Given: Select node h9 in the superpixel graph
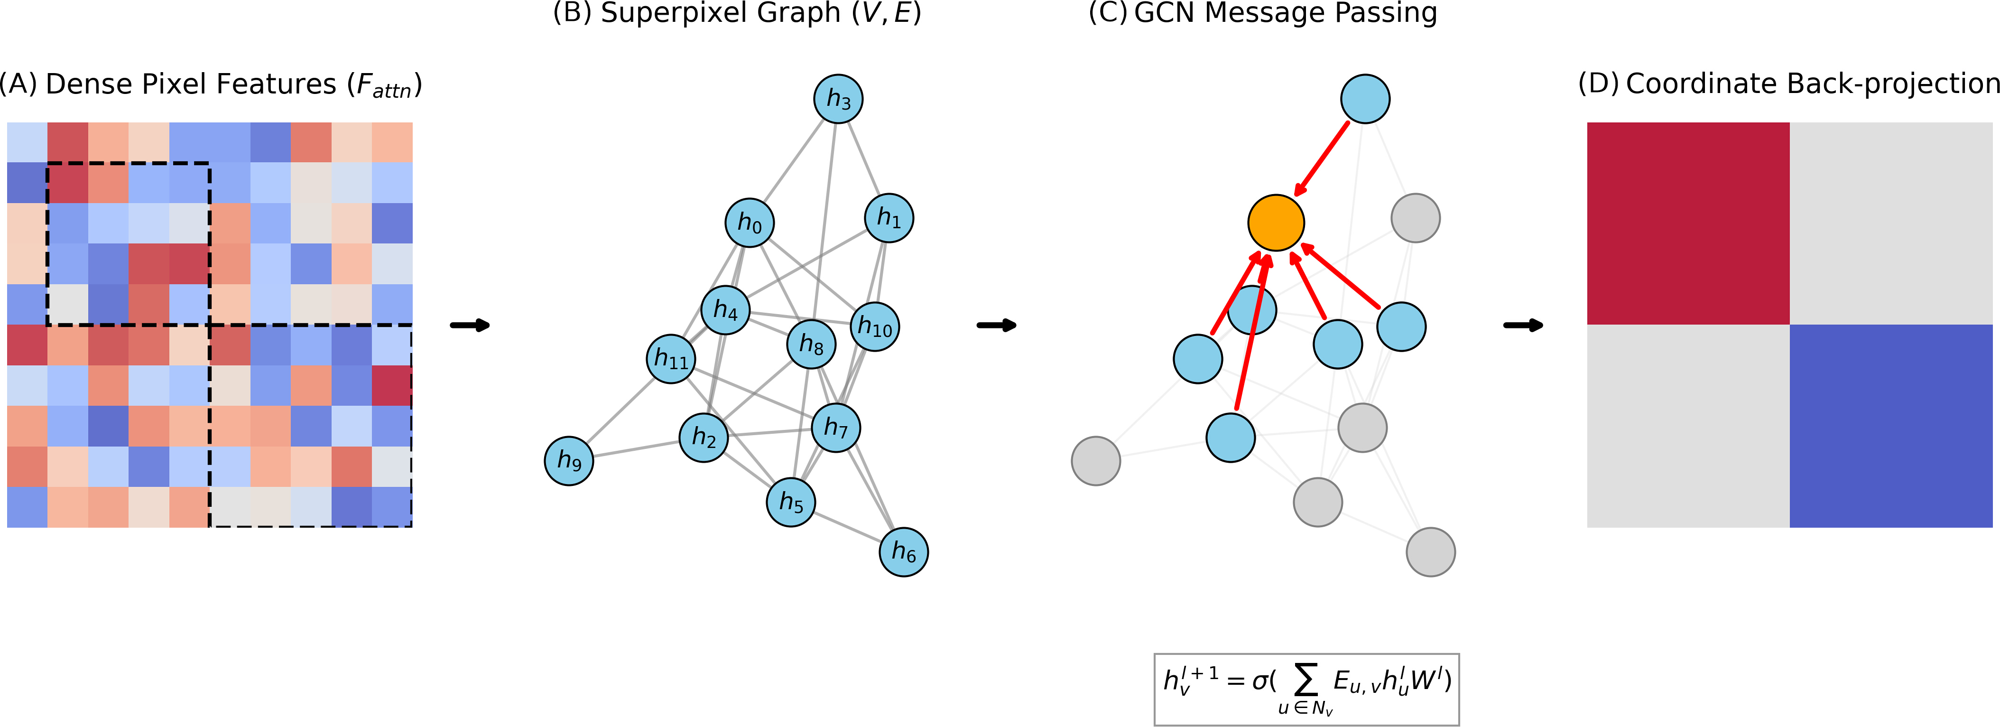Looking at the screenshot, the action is click(x=569, y=461).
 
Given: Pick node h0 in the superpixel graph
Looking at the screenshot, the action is click(x=749, y=223).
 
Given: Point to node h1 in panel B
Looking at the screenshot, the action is click(x=889, y=217).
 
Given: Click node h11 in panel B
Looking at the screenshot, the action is click(x=671, y=359).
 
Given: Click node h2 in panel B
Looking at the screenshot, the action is click(x=704, y=437).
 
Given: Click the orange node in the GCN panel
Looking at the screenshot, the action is click(x=1276, y=223).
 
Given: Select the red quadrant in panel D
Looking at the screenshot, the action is click(x=1688, y=223).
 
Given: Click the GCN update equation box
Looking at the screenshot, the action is click(x=1306, y=690).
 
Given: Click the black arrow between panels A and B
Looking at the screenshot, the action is click(x=471, y=325).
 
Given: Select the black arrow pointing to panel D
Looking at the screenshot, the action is click(x=1523, y=325).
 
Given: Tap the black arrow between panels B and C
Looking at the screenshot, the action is click(x=997, y=325).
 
